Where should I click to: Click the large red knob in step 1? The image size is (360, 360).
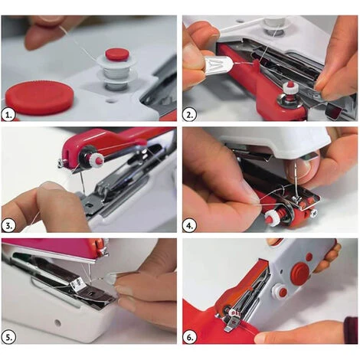pyautogui.click(x=39, y=98)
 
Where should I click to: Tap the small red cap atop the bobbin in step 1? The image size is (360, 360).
pyautogui.click(x=116, y=54)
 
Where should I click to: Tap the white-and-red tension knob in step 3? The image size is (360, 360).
pyautogui.click(x=96, y=159)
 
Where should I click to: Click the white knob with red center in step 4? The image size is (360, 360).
pyautogui.click(x=271, y=218)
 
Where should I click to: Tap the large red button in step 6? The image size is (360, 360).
pyautogui.click(x=299, y=273)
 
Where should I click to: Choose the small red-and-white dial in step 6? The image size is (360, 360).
pyautogui.click(x=282, y=292)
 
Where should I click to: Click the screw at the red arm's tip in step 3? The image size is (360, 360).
pyautogui.click(x=61, y=162)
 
